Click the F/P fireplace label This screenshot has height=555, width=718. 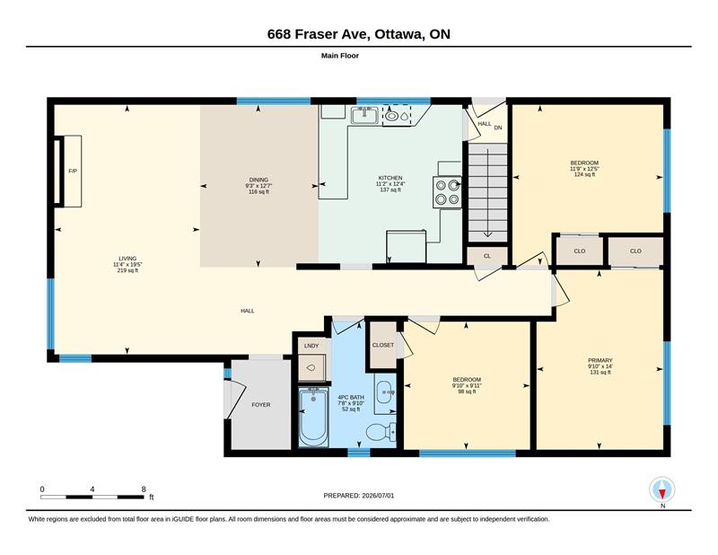point(73,171)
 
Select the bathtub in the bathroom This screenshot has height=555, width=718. point(313,417)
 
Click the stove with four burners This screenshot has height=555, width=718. point(447,192)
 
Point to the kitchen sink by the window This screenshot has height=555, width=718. point(365,115)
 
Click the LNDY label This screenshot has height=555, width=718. point(311,346)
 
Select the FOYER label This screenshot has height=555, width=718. point(261,405)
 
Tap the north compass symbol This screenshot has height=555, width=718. point(661,490)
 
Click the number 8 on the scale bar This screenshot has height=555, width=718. point(144,489)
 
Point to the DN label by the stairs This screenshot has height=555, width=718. point(498,128)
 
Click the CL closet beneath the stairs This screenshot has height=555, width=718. point(487,256)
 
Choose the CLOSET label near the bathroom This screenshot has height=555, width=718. point(383,345)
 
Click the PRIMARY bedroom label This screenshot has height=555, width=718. point(600,360)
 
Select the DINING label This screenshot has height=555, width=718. point(258,180)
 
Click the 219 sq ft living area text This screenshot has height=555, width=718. point(127,270)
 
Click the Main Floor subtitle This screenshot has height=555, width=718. point(340,56)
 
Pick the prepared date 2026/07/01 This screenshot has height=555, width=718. point(378,496)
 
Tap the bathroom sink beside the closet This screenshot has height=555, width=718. point(385,392)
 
